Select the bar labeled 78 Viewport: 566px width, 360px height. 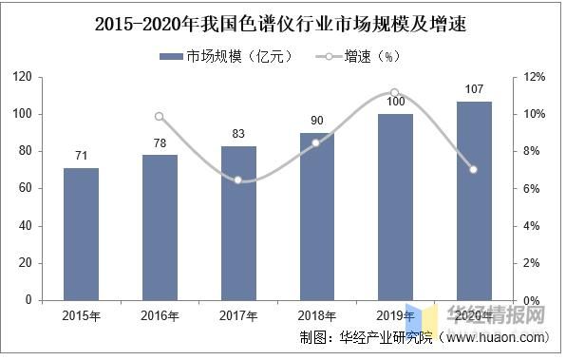pyautogui.click(x=160, y=227)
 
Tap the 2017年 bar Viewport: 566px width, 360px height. pyautogui.click(x=238, y=222)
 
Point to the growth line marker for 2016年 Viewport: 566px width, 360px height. pyautogui.click(x=160, y=117)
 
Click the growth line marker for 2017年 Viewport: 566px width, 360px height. pyautogui.click(x=238, y=180)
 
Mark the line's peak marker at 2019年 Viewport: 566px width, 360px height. pyautogui.click(x=395, y=92)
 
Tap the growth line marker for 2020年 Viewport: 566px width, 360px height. pyautogui.click(x=474, y=170)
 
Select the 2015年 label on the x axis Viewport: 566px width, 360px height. pyautogui.click(x=81, y=315)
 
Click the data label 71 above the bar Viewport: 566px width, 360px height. pyautogui.click(x=81, y=156)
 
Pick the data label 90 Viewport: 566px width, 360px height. pyautogui.click(x=317, y=121)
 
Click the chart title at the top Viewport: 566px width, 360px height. pyautogui.click(x=283, y=21)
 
